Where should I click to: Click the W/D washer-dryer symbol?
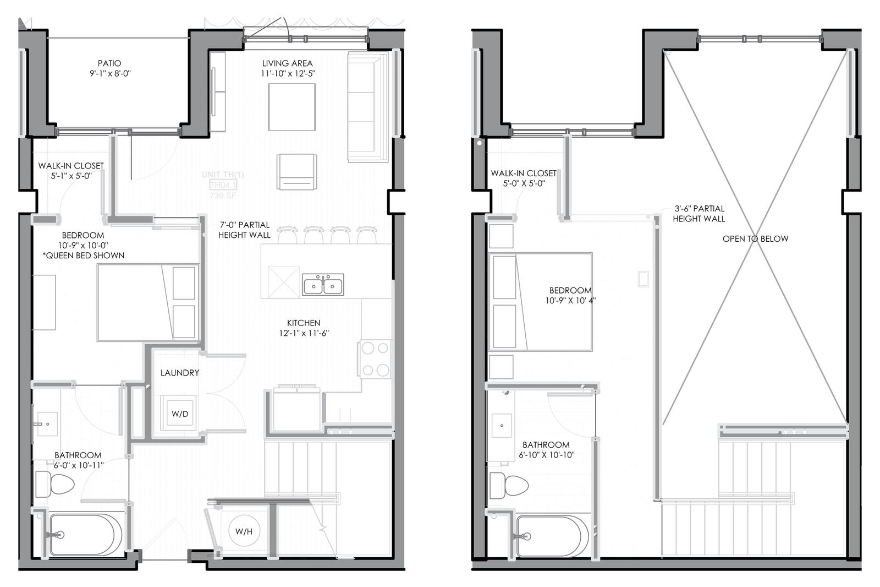click(180, 414)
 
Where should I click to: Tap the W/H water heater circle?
click(244, 531)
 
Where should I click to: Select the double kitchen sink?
click(323, 285)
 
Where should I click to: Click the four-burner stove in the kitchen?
click(376, 358)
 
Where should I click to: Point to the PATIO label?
click(109, 63)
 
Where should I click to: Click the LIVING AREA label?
click(287, 63)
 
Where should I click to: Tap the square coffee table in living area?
click(292, 107)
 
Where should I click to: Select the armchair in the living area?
click(297, 172)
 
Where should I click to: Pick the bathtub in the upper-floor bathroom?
click(552, 536)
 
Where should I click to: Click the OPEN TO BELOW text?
click(755, 238)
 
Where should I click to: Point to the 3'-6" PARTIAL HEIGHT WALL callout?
click(698, 214)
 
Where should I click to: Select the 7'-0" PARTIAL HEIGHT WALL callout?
click(244, 230)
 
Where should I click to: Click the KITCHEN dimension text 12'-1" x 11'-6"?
click(304, 333)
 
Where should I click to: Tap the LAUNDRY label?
click(180, 373)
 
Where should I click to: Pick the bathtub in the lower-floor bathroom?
click(85, 535)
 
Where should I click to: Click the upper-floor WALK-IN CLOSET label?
click(524, 173)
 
